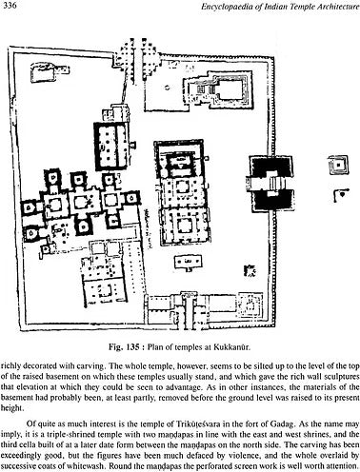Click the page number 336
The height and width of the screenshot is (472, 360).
tap(14, 9)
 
